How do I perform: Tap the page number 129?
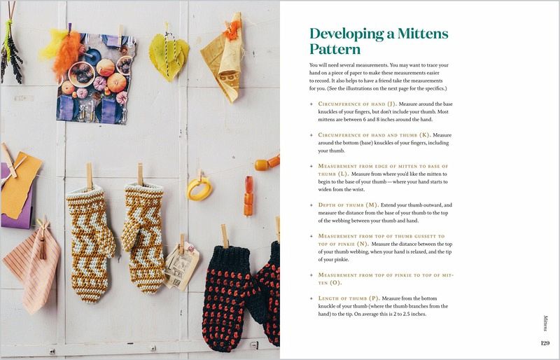pos(545,343)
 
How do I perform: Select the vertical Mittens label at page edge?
pos(545,323)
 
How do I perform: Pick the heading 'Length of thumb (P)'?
pos(349,298)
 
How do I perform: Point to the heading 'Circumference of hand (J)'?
pos(357,104)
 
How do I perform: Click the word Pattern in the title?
pos(335,49)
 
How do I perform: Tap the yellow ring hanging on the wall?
pos(199,188)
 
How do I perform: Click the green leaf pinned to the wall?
pos(169,57)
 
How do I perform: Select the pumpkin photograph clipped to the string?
pos(96,78)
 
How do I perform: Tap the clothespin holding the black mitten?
pos(225,236)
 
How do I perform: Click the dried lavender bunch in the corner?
pos(10,50)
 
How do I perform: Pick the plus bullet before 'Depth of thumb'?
pos(311,205)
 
